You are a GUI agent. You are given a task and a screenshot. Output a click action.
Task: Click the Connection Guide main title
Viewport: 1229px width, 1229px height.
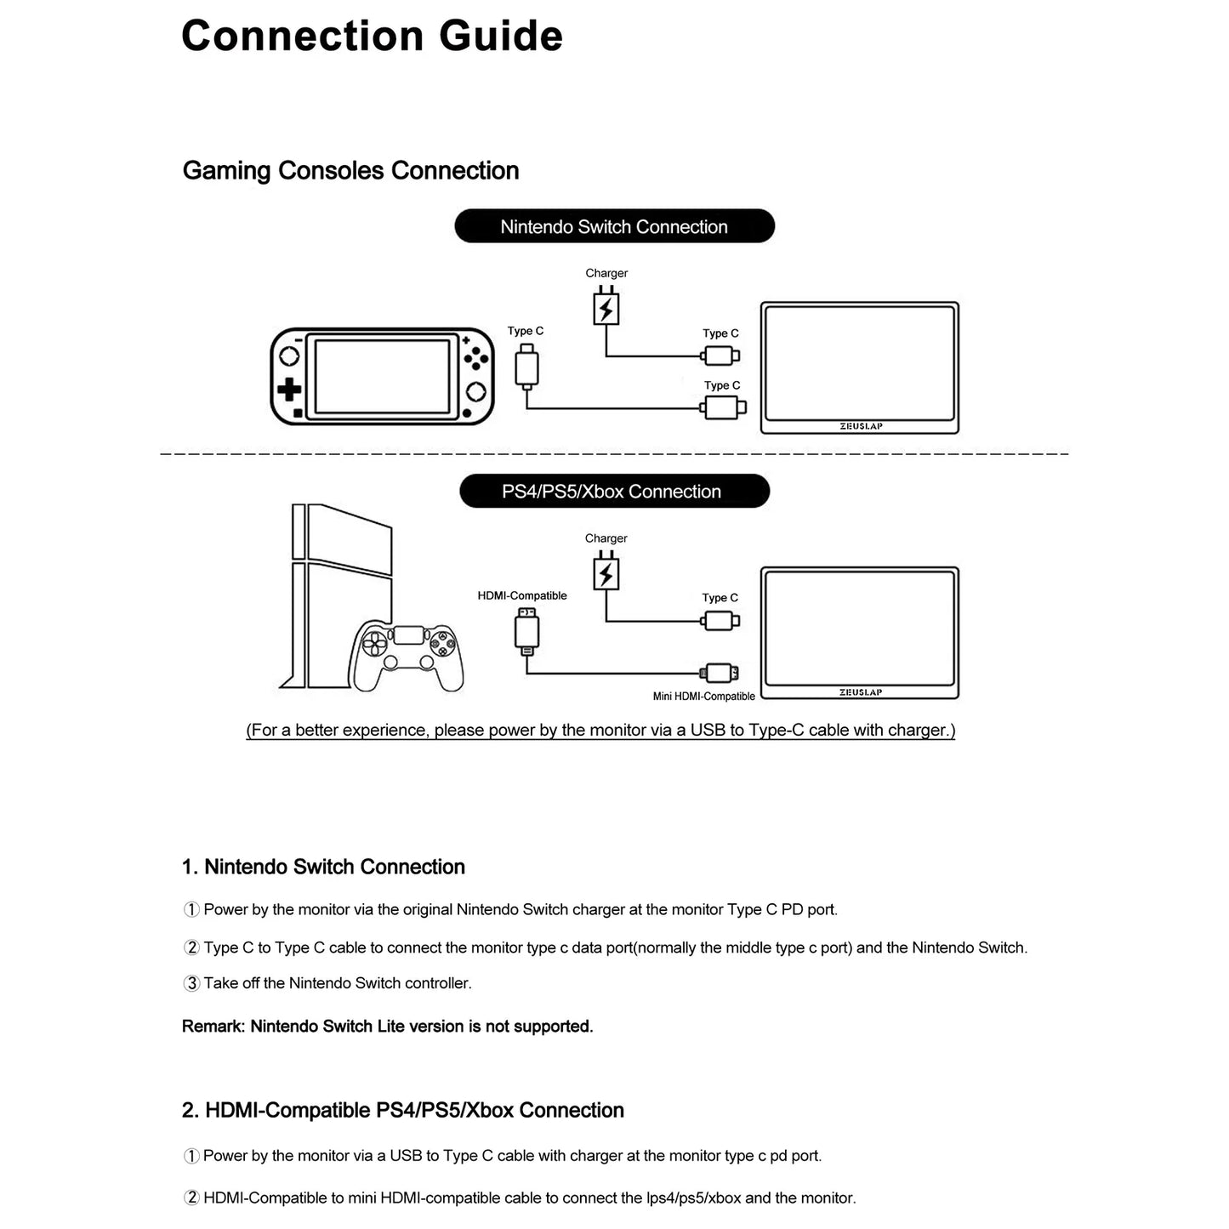tap(372, 37)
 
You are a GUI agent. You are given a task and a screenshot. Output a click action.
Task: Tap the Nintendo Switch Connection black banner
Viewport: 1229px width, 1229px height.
tap(614, 227)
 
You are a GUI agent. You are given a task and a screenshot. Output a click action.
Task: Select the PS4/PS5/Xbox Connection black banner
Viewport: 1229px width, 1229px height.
tap(614, 492)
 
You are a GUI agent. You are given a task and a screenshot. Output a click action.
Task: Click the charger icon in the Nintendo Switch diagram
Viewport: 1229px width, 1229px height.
tap(606, 307)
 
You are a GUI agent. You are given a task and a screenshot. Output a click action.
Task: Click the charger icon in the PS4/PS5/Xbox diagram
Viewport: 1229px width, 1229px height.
tap(606, 572)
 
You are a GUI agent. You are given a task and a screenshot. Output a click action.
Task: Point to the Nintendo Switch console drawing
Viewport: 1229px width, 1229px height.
tap(382, 377)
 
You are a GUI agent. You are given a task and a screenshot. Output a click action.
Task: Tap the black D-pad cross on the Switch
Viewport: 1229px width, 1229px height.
tap(289, 390)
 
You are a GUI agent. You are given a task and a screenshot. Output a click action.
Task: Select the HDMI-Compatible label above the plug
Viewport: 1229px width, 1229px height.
tap(522, 596)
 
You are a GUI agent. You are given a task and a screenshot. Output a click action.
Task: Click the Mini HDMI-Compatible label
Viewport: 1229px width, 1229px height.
tap(703, 697)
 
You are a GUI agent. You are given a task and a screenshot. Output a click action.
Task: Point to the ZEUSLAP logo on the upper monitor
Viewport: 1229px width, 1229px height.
tap(861, 426)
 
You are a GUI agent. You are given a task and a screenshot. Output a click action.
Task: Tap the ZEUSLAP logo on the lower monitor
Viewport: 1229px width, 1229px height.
tap(861, 692)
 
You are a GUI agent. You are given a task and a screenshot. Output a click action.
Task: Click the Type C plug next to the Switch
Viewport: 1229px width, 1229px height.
tap(526, 367)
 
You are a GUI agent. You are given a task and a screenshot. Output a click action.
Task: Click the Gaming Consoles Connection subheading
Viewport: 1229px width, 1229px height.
tap(350, 171)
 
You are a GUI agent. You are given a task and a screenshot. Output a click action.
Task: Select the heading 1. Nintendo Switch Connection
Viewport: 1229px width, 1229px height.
tap(323, 868)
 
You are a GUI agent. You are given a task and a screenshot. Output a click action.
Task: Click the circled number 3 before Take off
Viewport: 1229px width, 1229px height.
tap(191, 983)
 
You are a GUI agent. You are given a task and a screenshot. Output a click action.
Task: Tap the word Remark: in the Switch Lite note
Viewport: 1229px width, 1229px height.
tap(213, 1027)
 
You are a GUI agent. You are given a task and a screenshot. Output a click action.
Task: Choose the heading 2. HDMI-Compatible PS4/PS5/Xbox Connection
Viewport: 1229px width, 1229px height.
tap(402, 1111)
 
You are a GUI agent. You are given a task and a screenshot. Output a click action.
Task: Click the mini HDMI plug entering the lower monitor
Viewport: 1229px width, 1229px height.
tap(720, 674)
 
